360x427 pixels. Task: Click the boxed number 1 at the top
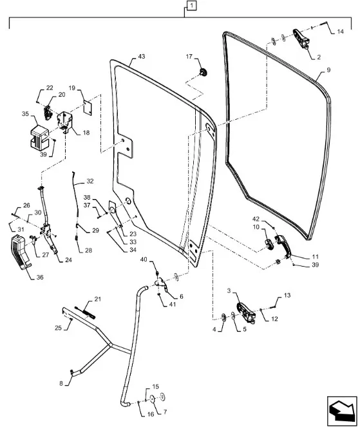click(192, 5)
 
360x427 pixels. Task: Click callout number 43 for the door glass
click(141, 57)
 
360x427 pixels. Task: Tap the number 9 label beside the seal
click(328, 70)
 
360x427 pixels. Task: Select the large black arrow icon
click(342, 408)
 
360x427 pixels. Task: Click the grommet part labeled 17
click(203, 72)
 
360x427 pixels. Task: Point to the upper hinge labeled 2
click(301, 39)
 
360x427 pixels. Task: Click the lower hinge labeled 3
click(246, 312)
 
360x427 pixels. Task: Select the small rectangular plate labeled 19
click(87, 108)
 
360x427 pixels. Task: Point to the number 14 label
click(341, 32)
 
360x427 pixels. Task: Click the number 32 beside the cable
click(90, 181)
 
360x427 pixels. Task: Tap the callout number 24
click(68, 260)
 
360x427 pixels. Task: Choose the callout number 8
click(61, 384)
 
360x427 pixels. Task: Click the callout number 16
click(151, 414)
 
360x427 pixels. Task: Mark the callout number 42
click(256, 219)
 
